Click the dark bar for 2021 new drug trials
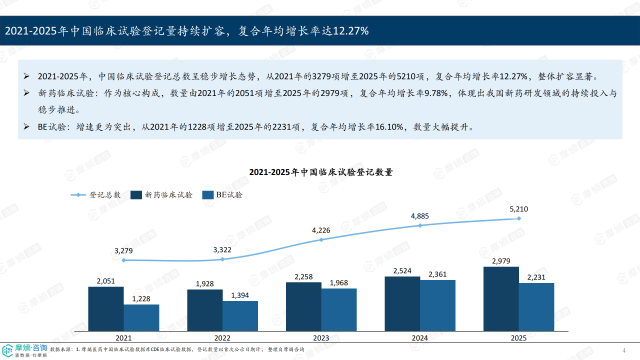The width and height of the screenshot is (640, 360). [x=106, y=308]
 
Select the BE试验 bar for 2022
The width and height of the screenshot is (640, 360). [x=240, y=315]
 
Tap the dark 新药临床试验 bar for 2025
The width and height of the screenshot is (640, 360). [x=501, y=298]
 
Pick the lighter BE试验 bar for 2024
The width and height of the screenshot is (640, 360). [x=437, y=305]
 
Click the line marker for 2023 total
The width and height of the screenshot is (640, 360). [x=321, y=239]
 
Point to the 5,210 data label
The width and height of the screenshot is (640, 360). [x=518, y=209]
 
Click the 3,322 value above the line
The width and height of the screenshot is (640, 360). [x=222, y=249]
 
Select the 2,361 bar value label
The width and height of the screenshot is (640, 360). [x=437, y=274]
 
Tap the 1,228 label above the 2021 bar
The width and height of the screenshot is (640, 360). [x=141, y=298]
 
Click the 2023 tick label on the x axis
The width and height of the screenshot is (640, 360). [x=321, y=338]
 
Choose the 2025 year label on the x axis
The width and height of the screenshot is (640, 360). [x=518, y=338]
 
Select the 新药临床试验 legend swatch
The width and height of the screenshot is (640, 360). [x=136, y=195]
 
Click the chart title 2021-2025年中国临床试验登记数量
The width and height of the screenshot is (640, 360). [x=321, y=172]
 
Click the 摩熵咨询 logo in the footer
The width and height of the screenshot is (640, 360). [x=25, y=350]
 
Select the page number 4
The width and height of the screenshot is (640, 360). [x=623, y=349]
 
